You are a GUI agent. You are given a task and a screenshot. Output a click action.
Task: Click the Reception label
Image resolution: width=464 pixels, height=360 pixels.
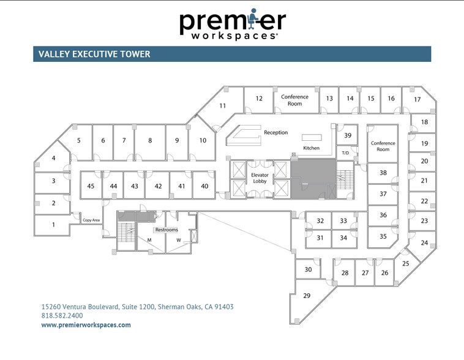click(x=276, y=133)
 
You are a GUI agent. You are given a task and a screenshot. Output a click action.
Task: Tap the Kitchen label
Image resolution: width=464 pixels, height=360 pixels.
click(x=312, y=148)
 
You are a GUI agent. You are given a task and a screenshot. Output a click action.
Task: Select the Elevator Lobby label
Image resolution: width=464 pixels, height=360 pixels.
click(x=260, y=178)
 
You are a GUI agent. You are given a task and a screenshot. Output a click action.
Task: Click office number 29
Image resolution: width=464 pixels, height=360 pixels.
click(x=307, y=296)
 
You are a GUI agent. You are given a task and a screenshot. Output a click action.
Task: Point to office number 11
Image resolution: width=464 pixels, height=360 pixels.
click(x=223, y=106)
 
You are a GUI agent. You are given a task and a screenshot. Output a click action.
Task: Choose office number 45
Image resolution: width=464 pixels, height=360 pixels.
click(x=91, y=186)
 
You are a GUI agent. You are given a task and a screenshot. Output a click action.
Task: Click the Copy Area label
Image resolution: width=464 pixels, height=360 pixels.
click(x=91, y=220)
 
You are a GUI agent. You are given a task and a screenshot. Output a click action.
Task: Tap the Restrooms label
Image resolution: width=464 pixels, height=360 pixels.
click(x=167, y=230)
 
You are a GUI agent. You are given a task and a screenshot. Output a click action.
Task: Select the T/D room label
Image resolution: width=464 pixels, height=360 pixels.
click(x=345, y=153)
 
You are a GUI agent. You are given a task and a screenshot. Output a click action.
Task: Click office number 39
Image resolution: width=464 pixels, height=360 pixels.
click(x=348, y=135)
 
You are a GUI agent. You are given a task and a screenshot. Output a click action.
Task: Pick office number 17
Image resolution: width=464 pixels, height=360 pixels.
click(x=417, y=99)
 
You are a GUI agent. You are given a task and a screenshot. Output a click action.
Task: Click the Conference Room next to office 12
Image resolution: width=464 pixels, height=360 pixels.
click(x=294, y=100)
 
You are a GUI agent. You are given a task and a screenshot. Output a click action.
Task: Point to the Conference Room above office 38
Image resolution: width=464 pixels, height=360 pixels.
click(x=383, y=146)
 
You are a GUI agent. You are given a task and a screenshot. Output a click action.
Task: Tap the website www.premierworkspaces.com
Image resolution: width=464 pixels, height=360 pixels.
click(x=86, y=324)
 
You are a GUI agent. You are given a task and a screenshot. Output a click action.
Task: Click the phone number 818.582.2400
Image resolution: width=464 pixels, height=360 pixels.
click(x=62, y=315)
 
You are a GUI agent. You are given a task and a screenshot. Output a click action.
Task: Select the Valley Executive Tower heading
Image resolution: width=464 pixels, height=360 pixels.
click(x=94, y=54)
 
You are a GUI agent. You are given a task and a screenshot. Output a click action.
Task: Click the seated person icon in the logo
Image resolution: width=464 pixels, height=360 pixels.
click(x=252, y=18)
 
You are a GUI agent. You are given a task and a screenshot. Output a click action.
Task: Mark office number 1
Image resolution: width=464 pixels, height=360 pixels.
click(x=53, y=225)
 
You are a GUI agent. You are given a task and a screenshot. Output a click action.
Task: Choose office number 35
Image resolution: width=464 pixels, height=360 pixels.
click(x=383, y=236)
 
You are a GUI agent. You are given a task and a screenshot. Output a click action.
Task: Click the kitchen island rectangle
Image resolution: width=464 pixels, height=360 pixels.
click(x=312, y=137)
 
